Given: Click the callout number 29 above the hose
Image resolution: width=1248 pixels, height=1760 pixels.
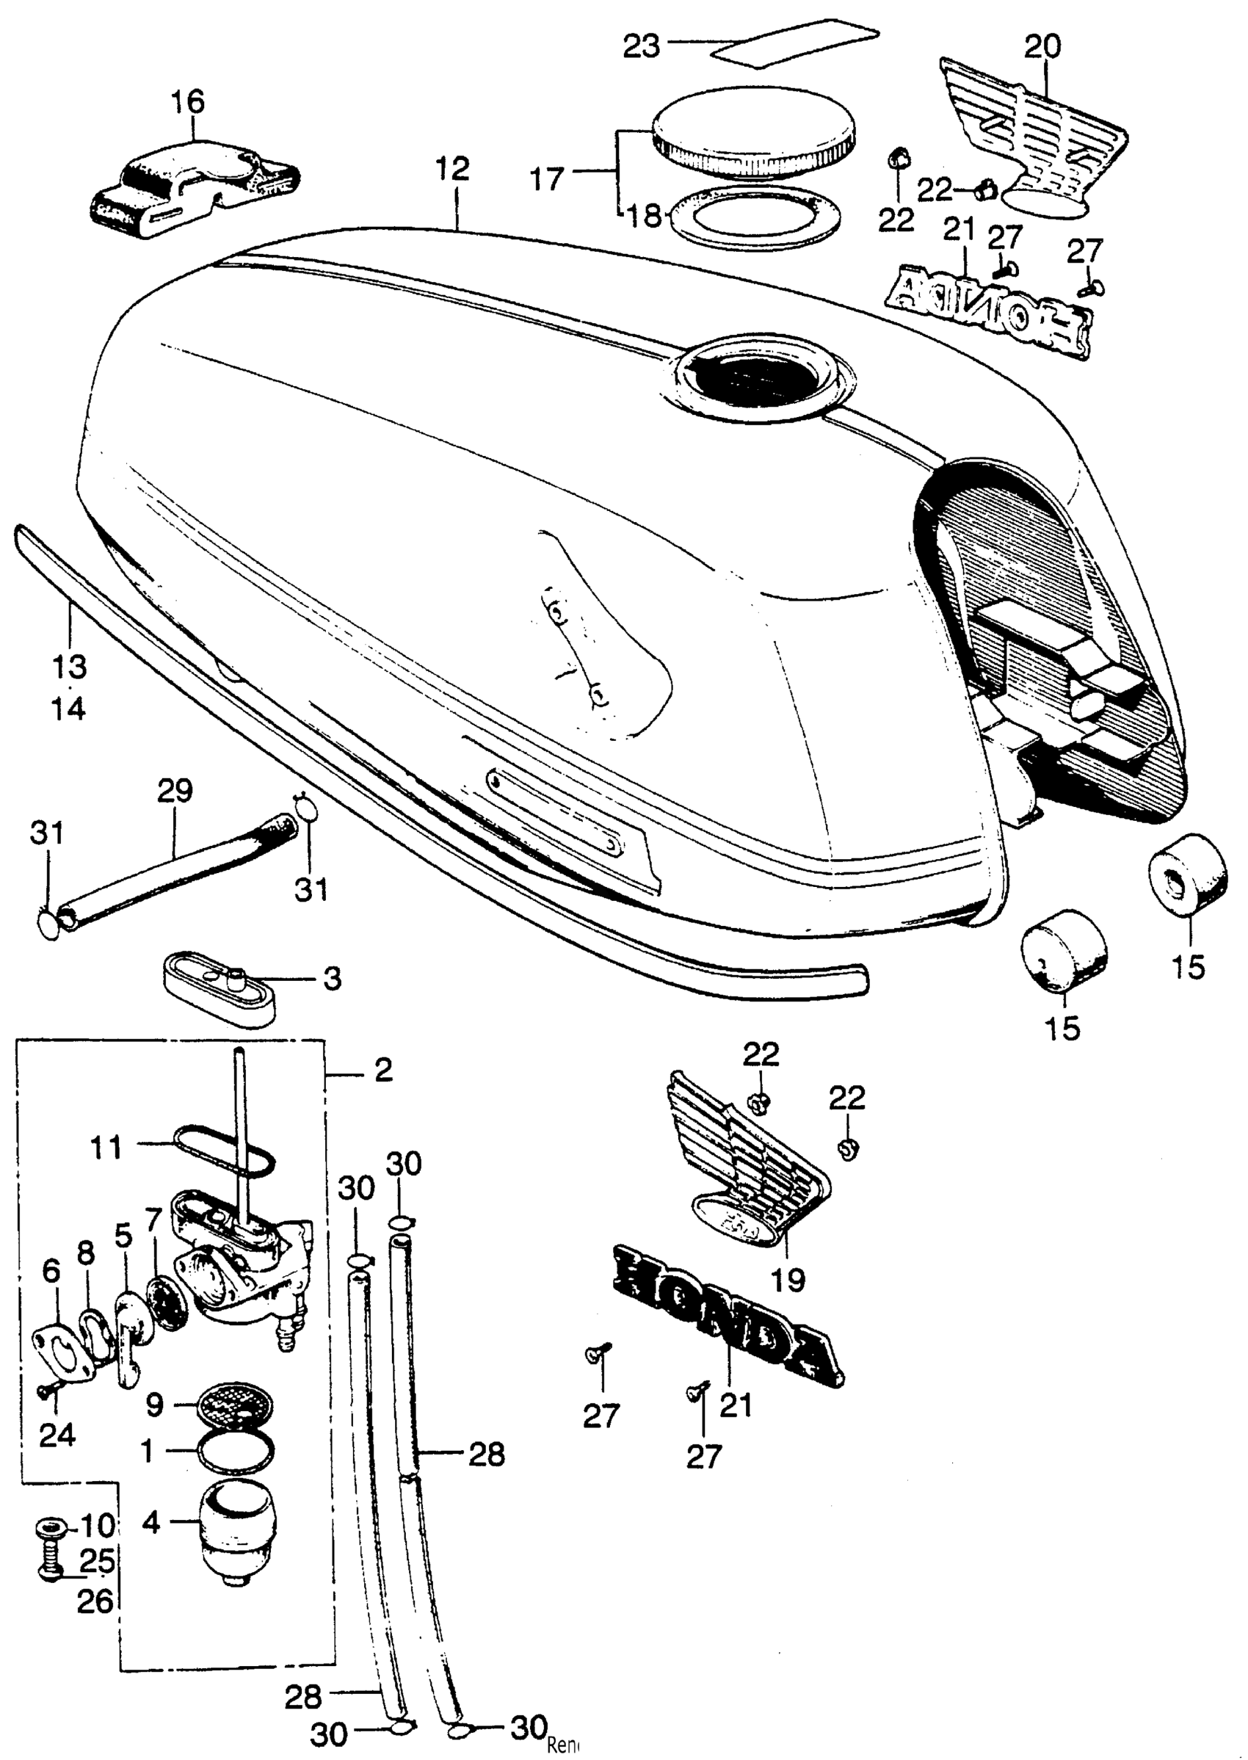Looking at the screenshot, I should tap(175, 792).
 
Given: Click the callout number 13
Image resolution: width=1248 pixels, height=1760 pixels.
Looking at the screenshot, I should tap(69, 667).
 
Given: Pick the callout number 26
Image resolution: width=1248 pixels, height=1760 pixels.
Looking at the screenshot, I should tap(95, 1601).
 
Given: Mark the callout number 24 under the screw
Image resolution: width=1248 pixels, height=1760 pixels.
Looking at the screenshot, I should tap(58, 1435).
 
